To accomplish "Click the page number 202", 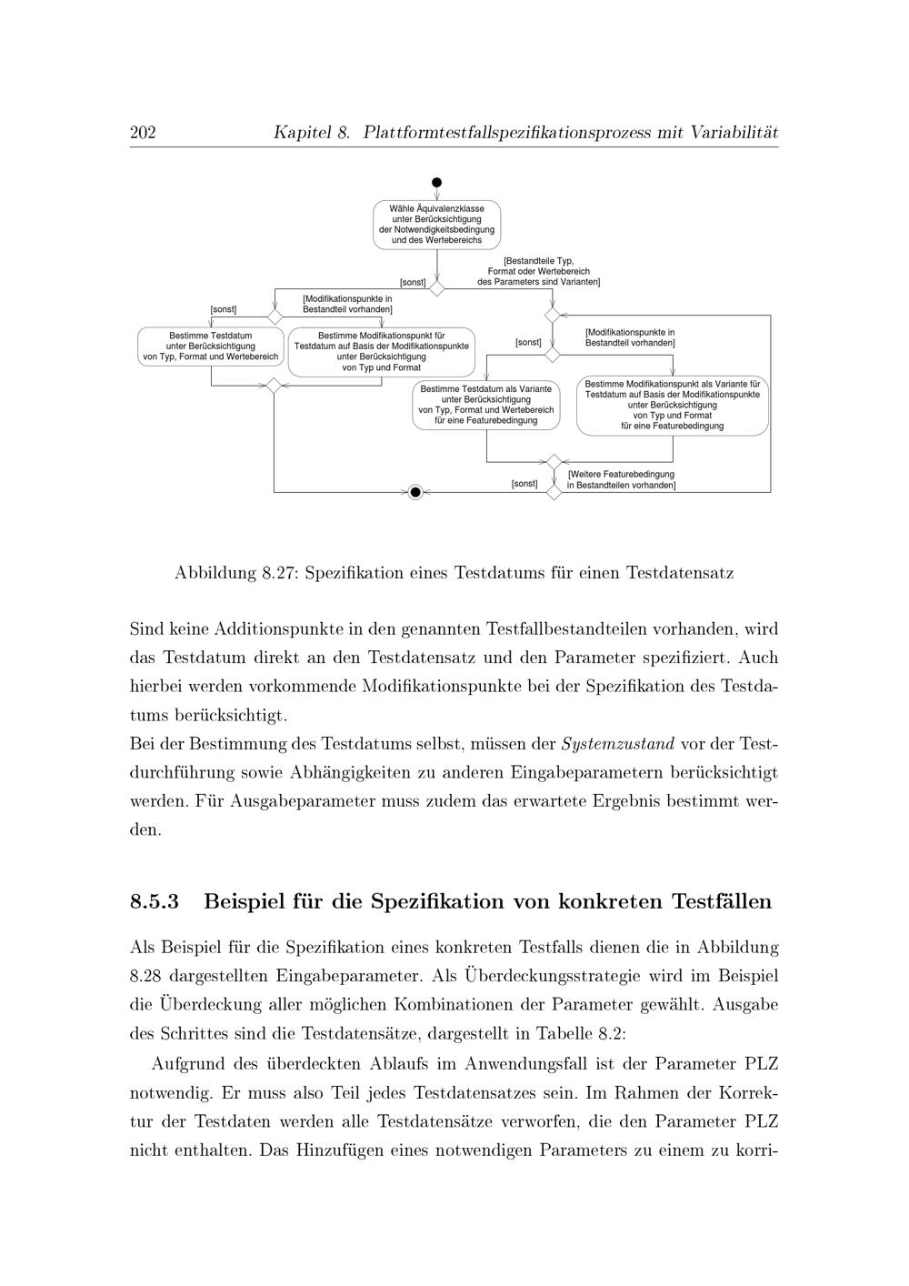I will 143,133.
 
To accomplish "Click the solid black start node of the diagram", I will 437,183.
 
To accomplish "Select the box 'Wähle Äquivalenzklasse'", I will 437,225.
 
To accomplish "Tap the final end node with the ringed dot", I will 415,492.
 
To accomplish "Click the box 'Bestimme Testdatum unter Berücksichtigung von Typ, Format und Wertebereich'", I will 211,347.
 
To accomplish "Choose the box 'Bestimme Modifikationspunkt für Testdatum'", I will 382,352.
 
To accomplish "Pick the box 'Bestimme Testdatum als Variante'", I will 486,405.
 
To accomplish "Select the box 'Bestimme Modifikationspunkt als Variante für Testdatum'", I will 673,406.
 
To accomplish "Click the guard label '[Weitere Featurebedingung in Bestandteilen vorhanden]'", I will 621,480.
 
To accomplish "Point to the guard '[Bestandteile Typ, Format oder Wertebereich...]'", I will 538,271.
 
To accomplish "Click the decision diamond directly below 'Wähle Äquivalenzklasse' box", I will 437,288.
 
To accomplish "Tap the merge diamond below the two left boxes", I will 273,385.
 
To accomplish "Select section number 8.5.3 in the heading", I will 155,902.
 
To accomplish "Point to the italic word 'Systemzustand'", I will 618,745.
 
